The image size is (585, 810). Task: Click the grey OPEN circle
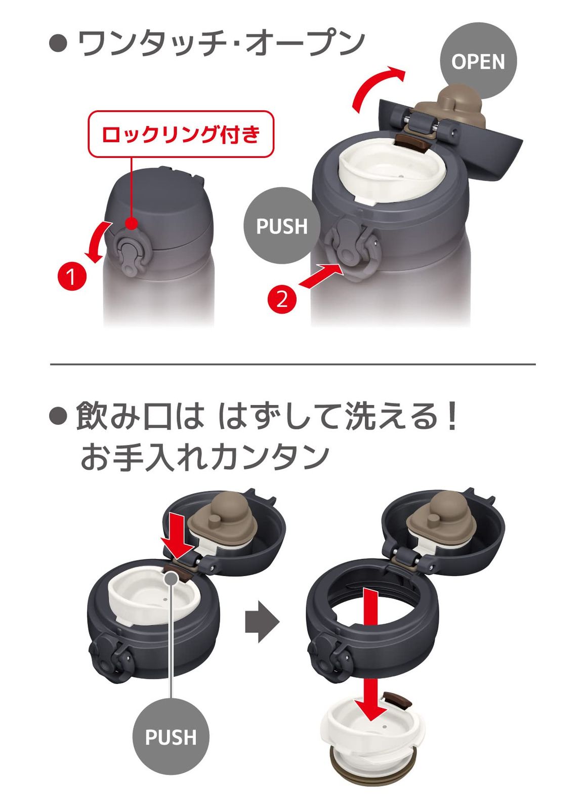click(x=478, y=61)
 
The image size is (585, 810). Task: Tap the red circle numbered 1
click(x=72, y=277)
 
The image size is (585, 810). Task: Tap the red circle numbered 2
click(x=282, y=299)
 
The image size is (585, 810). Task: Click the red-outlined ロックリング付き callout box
click(x=181, y=134)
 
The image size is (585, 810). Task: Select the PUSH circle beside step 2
click(x=282, y=226)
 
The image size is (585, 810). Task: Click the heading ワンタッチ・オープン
click(x=221, y=43)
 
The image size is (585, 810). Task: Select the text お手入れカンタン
click(x=204, y=457)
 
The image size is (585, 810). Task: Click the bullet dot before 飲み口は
click(x=58, y=417)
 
